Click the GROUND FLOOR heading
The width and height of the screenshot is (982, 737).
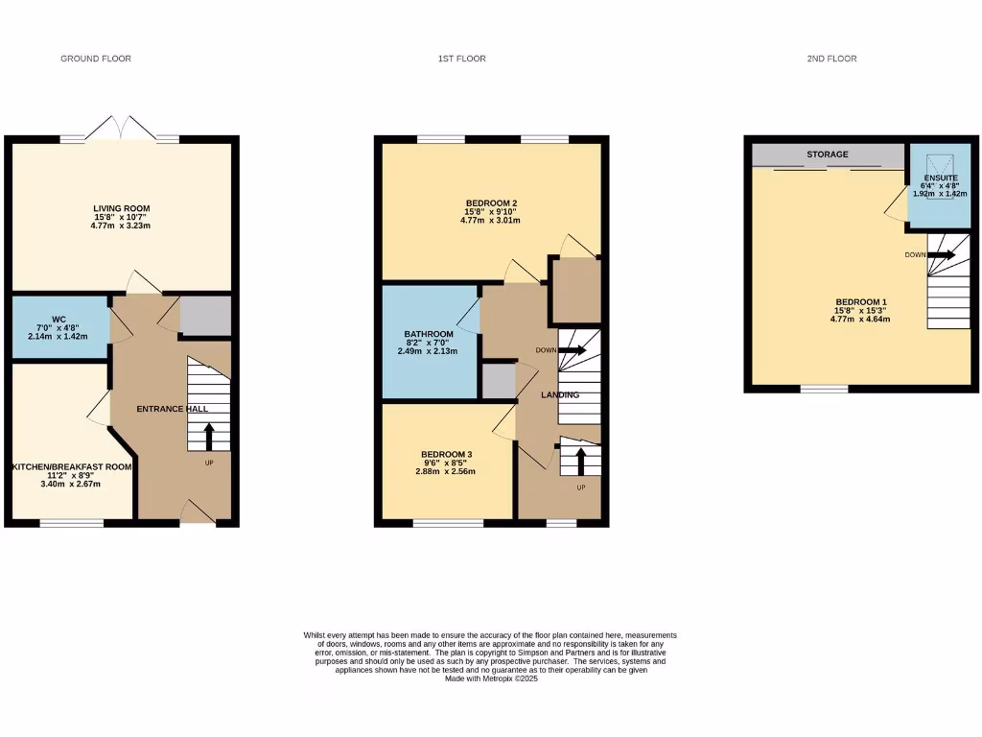tap(96, 59)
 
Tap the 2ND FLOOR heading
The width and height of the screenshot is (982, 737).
tap(831, 59)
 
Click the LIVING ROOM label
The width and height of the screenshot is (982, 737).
tap(121, 208)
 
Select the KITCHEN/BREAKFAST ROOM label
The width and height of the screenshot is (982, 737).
tap(71, 467)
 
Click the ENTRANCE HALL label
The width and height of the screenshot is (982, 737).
tap(173, 409)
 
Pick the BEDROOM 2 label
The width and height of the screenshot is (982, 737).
tap(491, 202)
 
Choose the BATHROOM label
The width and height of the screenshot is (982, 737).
tap(429, 334)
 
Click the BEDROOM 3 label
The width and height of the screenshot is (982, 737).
tap(445, 454)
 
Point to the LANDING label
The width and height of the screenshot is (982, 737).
tap(559, 394)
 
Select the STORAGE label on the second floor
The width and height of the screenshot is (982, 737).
tap(827, 155)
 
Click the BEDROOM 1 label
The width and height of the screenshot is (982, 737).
tap(859, 302)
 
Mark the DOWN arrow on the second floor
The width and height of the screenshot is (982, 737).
tap(941, 255)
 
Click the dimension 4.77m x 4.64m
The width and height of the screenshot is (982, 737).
tap(859, 319)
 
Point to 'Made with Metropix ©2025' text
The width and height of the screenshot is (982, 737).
tap(490, 678)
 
